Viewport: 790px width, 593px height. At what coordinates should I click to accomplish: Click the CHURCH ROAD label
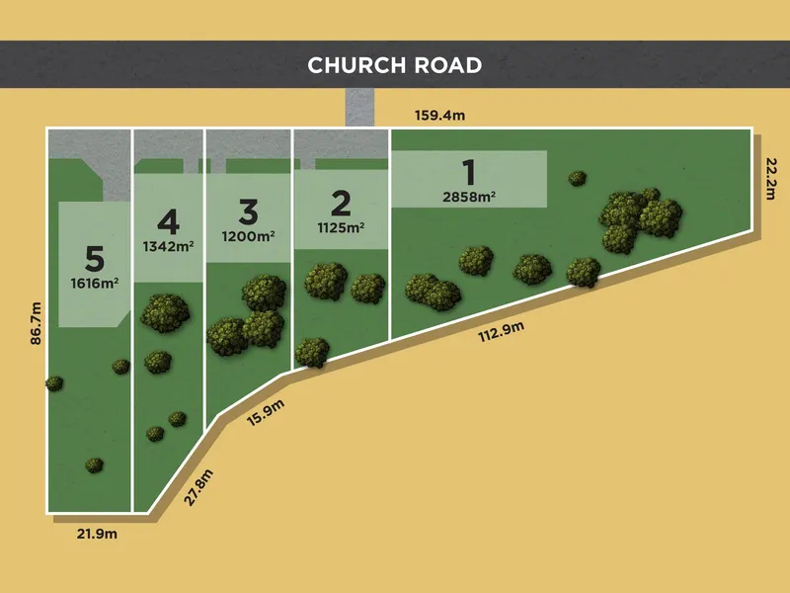coord(394,65)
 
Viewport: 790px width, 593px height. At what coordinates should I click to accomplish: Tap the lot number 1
coord(468,172)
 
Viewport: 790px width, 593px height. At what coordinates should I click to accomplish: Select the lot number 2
coord(341,204)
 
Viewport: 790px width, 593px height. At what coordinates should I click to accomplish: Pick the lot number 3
coord(248,211)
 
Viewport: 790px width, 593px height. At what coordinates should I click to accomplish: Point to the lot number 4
coord(168,218)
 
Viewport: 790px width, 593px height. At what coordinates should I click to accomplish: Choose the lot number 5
coord(95,259)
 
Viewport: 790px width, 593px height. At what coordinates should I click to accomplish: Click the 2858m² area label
coord(468,197)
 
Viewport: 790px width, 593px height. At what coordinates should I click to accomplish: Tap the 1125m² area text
coord(341,226)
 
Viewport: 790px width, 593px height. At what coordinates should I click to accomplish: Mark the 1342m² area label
coord(168,245)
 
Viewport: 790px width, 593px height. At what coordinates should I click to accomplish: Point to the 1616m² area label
coord(95,284)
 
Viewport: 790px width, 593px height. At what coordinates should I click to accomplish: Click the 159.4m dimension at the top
coord(439,116)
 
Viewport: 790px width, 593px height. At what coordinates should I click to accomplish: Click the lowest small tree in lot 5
coord(94,465)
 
